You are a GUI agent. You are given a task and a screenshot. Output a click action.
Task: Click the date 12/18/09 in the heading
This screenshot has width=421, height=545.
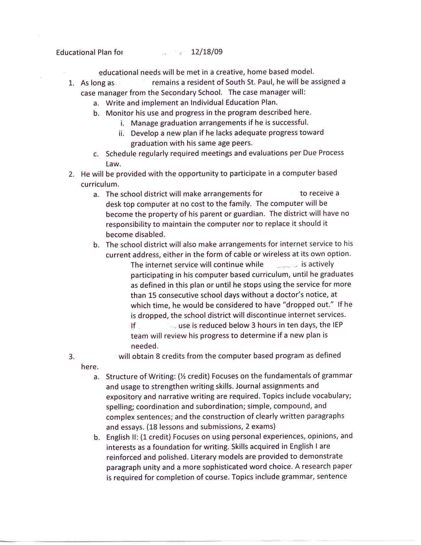[x=207, y=52]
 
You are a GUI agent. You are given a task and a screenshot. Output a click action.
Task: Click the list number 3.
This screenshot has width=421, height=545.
[x=71, y=357]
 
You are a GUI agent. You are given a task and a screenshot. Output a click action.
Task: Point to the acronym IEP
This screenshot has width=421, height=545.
[x=336, y=325]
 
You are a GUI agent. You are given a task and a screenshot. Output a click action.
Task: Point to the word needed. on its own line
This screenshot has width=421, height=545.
[x=145, y=346]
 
